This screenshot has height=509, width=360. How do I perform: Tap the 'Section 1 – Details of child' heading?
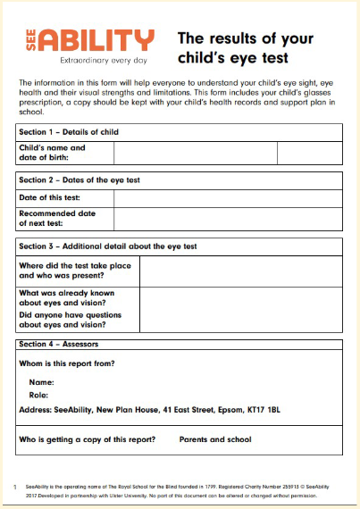69,132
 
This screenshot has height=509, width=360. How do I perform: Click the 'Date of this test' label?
51,197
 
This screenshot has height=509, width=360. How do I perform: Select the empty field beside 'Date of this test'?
227,197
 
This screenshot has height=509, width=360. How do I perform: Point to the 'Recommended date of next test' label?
56,218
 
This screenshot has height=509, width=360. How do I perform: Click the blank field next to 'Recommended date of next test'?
227,218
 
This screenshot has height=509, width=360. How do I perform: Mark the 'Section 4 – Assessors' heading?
59,344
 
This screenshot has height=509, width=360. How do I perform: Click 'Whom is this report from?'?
67,363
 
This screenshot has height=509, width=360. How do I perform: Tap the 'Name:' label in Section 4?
40,381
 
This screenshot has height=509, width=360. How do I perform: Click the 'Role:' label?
38,394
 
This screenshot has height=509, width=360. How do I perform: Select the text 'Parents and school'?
215,438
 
